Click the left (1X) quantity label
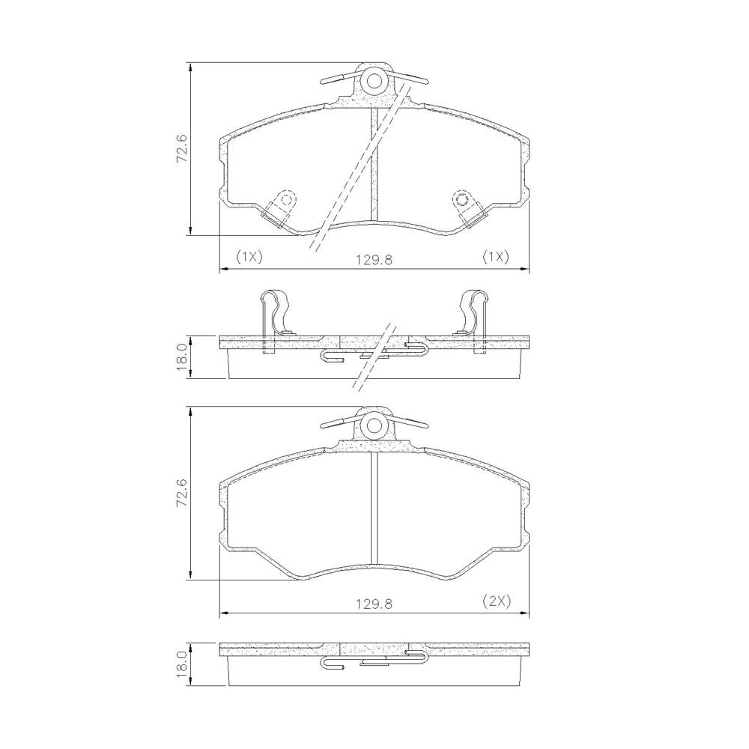[x=249, y=257]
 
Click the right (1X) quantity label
[x=495, y=257]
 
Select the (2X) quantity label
[x=495, y=601]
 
